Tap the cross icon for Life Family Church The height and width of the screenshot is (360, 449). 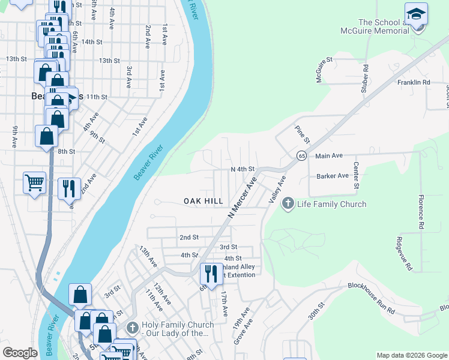coord(288,204)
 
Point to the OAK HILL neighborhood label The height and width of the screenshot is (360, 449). coord(203,201)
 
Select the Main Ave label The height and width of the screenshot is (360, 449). coord(328,155)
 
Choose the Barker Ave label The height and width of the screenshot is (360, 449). coord(333,176)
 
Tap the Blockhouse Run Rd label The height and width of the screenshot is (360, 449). coord(371,298)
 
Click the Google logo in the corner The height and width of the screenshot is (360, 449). coord(20,353)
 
